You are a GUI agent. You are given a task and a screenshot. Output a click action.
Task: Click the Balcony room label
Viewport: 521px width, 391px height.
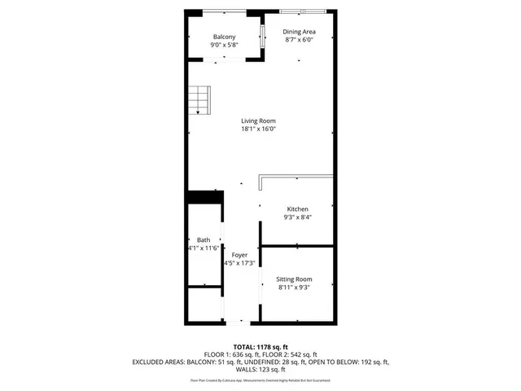(225, 37)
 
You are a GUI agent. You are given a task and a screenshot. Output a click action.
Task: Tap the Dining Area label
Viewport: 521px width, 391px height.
(299, 32)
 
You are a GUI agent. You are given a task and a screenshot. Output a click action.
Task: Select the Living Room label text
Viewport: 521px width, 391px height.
(258, 121)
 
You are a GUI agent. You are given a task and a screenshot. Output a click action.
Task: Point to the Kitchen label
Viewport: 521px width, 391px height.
(296, 209)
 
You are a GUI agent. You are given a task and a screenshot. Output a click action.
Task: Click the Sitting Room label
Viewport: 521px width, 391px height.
(295, 279)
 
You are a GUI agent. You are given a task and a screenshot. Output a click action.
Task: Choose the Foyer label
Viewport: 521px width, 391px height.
(239, 255)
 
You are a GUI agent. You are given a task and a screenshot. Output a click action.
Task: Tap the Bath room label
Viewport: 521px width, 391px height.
(203, 239)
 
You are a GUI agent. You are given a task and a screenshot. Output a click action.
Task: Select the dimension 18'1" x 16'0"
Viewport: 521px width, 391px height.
(258, 129)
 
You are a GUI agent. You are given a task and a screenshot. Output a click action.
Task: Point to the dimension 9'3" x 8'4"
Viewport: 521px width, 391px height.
(296, 217)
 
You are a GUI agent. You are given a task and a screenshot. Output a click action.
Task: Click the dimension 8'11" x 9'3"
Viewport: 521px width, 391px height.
(295, 287)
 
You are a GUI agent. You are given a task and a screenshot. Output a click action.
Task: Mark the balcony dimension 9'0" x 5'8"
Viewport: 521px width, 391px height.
(225, 45)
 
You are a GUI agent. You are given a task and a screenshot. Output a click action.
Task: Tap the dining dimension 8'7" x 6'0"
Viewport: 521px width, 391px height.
(299, 40)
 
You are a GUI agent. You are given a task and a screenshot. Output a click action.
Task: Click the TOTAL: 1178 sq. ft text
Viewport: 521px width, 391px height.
(260, 347)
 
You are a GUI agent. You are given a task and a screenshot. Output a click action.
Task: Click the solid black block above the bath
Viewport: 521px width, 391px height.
(204, 197)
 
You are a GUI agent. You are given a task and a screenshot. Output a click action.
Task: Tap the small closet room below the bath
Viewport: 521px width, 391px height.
(204, 305)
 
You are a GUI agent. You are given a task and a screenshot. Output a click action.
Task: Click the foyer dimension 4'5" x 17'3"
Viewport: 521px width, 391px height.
(239, 263)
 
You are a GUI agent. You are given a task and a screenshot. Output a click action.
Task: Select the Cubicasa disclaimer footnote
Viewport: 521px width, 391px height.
(260, 380)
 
